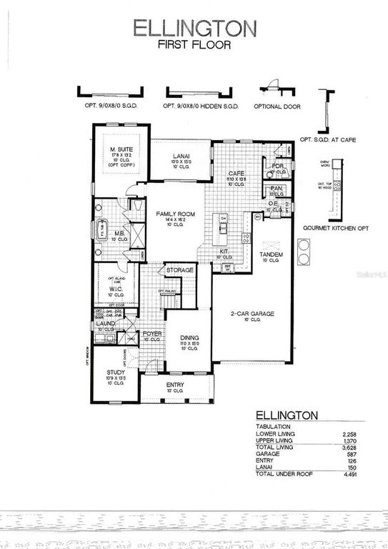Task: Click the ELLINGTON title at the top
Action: (x=194, y=28)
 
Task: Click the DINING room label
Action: (x=189, y=338)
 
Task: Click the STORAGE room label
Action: (x=180, y=271)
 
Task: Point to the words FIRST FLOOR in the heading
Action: (x=194, y=45)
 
